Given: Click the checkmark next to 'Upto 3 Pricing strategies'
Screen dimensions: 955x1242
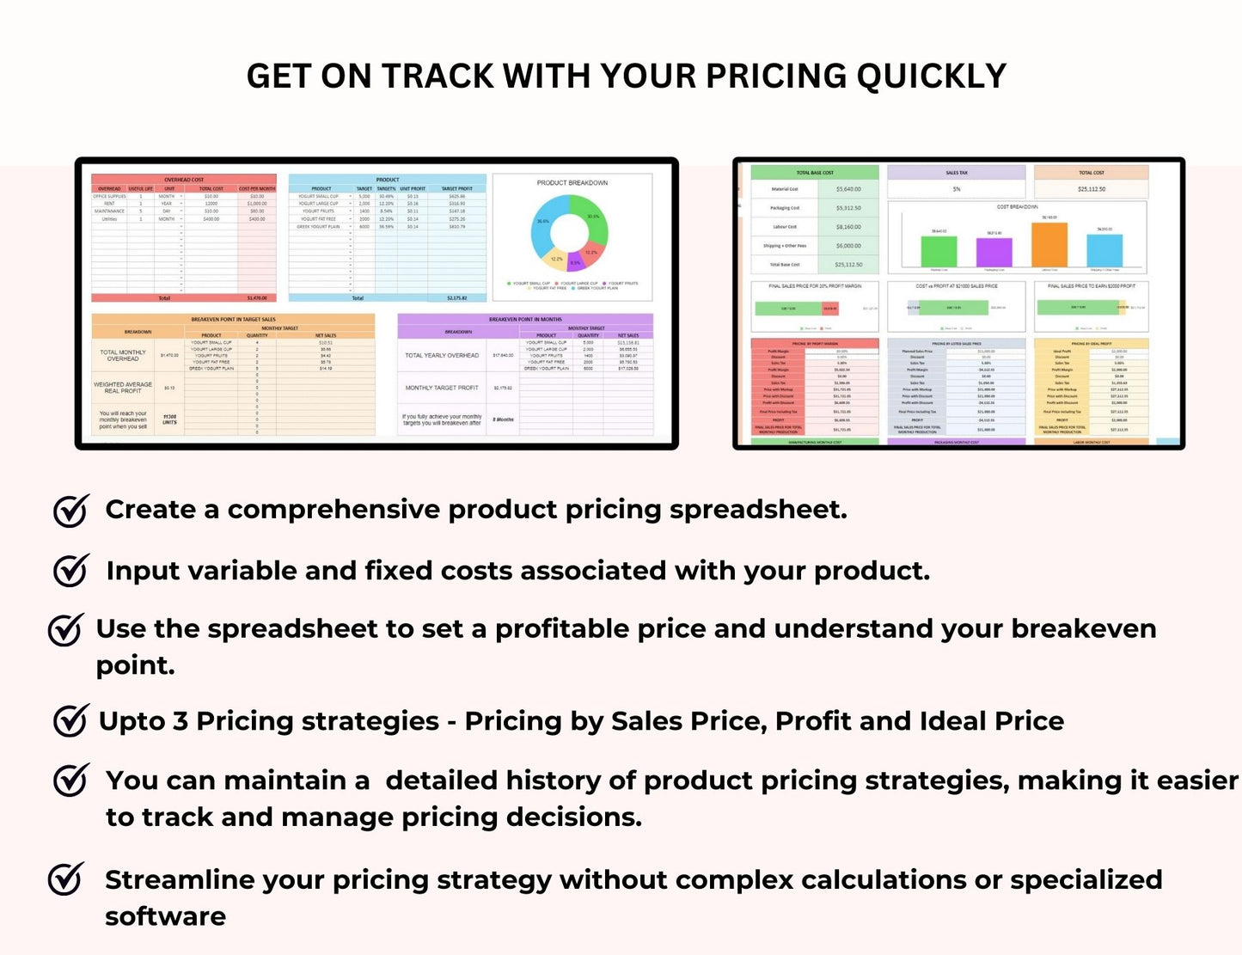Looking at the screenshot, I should point(70,720).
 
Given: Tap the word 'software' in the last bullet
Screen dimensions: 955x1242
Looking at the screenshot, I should point(165,916).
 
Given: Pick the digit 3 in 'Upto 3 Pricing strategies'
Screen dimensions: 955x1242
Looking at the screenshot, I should point(180,721).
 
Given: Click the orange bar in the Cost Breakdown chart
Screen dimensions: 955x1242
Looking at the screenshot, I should point(1049,245).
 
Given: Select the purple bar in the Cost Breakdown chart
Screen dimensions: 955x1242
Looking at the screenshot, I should point(994,253).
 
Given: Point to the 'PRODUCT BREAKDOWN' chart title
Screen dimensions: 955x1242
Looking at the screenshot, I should point(572,183).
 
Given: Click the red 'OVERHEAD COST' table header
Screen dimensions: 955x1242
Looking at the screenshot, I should point(184,180).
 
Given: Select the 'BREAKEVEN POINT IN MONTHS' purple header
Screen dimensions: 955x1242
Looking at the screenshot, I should point(524,319).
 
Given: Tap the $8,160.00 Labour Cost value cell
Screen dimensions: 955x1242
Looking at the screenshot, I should point(847,227).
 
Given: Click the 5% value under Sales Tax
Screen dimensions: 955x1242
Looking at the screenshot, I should point(956,189).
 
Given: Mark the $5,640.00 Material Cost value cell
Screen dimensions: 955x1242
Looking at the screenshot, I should point(847,189).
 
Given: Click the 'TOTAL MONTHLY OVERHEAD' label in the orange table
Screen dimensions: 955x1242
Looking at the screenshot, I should point(123,355).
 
